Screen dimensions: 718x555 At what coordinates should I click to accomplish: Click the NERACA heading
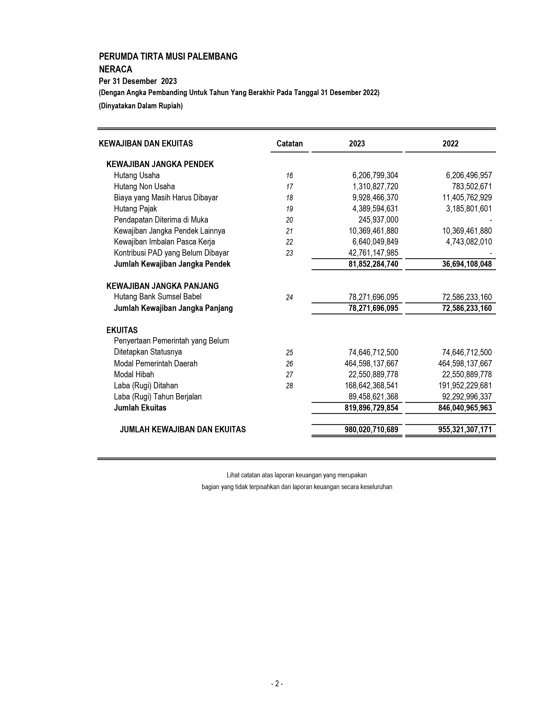click(115, 69)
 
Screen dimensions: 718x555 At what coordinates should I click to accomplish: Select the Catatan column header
click(289, 144)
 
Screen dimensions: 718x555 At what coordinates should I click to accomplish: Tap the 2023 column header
click(357, 144)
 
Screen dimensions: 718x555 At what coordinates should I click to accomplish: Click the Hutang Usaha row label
click(137, 176)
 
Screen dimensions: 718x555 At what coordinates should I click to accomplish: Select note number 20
click(289, 220)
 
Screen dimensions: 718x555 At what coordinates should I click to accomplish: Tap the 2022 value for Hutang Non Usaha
click(472, 187)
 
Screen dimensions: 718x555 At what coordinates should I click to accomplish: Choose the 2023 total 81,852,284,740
click(373, 264)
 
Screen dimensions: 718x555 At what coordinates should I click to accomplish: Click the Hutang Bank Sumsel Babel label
click(158, 297)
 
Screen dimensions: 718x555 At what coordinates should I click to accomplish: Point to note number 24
click(289, 297)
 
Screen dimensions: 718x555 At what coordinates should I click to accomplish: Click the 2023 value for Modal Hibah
click(373, 374)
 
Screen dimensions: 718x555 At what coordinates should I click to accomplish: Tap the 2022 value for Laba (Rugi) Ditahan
click(465, 386)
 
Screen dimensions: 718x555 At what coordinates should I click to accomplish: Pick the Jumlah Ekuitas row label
click(140, 408)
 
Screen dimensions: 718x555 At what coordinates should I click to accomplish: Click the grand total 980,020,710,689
click(371, 430)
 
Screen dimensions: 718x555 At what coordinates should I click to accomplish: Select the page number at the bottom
click(277, 684)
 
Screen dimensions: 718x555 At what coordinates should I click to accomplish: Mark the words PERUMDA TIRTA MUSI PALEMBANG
click(168, 57)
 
